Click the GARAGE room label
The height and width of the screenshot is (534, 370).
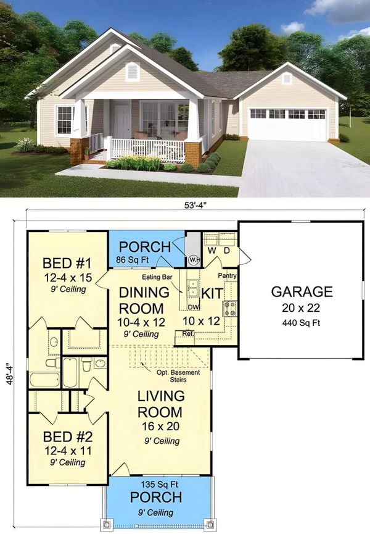(x=302, y=292)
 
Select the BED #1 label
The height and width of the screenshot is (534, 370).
(x=67, y=263)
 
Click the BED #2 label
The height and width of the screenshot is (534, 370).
(x=68, y=436)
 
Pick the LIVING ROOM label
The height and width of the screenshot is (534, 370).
(x=160, y=404)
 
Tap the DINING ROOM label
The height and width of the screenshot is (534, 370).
(x=143, y=301)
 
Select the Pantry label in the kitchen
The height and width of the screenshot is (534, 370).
(x=227, y=275)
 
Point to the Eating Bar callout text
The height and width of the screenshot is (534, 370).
(x=157, y=277)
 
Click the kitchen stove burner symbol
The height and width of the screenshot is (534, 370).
(x=230, y=309)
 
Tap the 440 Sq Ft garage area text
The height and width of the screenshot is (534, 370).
(x=302, y=323)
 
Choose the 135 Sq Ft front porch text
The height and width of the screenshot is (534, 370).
(x=160, y=484)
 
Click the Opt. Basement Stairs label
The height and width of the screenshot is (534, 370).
(x=178, y=376)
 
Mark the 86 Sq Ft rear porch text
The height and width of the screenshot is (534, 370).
(x=133, y=260)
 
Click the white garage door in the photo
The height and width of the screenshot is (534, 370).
(x=288, y=124)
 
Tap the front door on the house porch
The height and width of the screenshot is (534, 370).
(x=122, y=122)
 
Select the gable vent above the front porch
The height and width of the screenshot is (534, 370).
(x=132, y=72)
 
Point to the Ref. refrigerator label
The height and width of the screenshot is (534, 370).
(x=187, y=334)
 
